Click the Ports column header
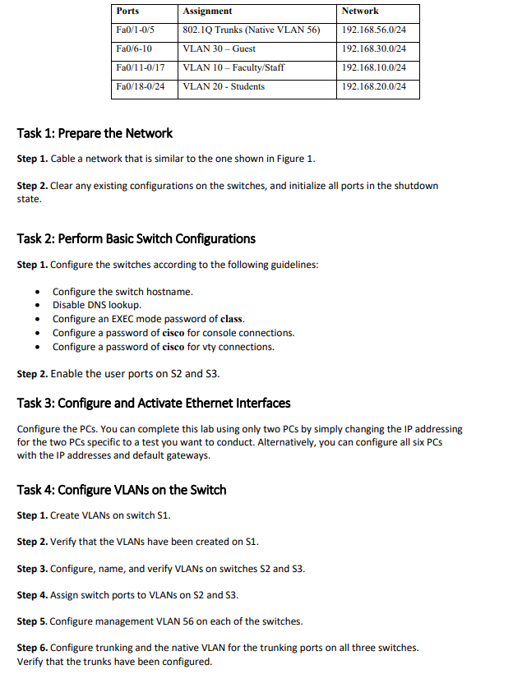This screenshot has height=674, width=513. (x=127, y=12)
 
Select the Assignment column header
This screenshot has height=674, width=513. (x=207, y=12)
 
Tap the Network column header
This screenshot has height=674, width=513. (x=360, y=12)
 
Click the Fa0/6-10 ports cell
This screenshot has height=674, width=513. (x=135, y=49)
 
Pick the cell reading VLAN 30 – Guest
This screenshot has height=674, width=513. (x=220, y=49)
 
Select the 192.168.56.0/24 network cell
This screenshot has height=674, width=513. (x=373, y=30)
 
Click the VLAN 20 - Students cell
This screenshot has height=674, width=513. (x=224, y=86)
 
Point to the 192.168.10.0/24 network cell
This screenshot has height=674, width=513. (x=373, y=67)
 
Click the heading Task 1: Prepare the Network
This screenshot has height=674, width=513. (x=95, y=133)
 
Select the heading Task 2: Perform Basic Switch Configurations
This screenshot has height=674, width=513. (x=136, y=239)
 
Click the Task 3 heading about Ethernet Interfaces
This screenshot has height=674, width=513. (x=153, y=404)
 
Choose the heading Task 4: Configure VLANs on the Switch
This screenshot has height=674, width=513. (x=121, y=490)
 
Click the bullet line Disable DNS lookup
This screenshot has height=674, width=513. (x=96, y=305)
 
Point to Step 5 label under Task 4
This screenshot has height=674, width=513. (x=32, y=621)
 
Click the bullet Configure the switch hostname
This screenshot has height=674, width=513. (x=122, y=292)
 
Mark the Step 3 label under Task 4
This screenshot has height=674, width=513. (x=32, y=569)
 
